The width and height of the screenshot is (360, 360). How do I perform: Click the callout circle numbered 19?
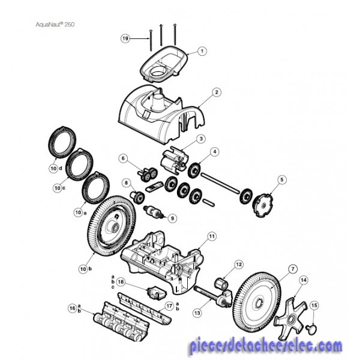point(125,38)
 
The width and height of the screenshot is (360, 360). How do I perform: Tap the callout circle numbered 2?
point(217,93)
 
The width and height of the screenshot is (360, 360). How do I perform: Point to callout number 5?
point(282,179)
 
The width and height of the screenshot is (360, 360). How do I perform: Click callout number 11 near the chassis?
point(211,236)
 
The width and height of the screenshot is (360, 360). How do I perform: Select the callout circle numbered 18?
point(121,281)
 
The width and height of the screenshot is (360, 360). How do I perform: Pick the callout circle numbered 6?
point(124,159)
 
